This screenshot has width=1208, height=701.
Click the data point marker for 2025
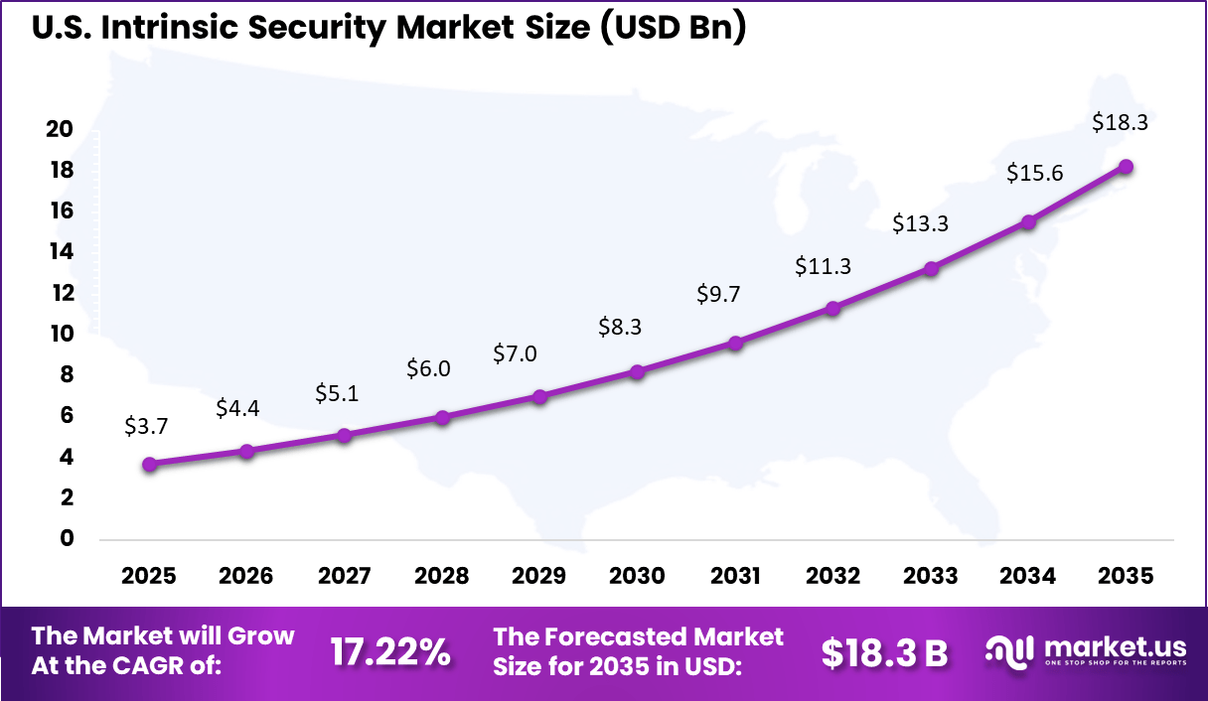(149, 464)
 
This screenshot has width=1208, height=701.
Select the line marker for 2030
(637, 371)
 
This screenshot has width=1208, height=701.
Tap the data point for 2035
(1126, 166)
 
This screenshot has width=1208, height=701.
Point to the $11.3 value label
(824, 266)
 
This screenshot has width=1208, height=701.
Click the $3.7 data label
(146, 426)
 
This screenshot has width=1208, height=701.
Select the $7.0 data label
(516, 353)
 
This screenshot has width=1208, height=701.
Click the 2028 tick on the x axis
(442, 577)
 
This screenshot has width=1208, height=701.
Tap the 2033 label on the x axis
(931, 577)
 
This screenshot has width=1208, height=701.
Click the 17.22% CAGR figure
(389, 652)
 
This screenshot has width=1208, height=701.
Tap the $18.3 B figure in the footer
(884, 652)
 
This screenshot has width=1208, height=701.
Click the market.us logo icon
(1010, 651)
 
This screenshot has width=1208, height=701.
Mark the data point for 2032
(832, 308)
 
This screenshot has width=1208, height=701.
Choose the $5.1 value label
(337, 393)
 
